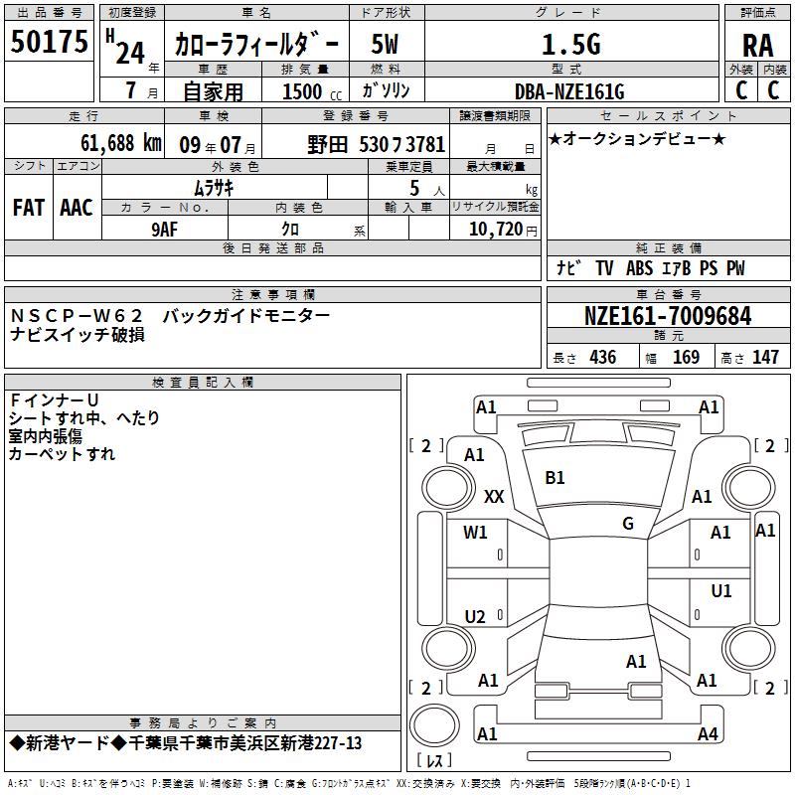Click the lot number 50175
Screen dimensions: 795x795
49,42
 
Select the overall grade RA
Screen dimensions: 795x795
758,46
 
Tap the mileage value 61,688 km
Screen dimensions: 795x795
121,143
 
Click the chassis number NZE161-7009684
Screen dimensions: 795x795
668,316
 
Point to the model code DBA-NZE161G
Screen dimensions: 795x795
569,91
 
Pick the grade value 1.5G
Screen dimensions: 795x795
570,45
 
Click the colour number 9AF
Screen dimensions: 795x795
165,230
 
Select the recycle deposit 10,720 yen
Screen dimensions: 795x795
503,230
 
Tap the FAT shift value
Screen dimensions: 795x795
29,208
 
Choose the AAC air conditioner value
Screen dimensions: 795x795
77,208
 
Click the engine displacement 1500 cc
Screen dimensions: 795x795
312,91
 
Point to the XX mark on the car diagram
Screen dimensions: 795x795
494,496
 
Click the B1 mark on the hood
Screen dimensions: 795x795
555,478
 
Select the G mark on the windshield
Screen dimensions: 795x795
628,524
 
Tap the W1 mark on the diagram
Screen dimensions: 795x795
475,533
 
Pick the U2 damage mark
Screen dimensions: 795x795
475,617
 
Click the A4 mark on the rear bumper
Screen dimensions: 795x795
708,733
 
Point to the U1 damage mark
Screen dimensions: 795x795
721,591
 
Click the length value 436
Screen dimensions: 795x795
603,358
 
